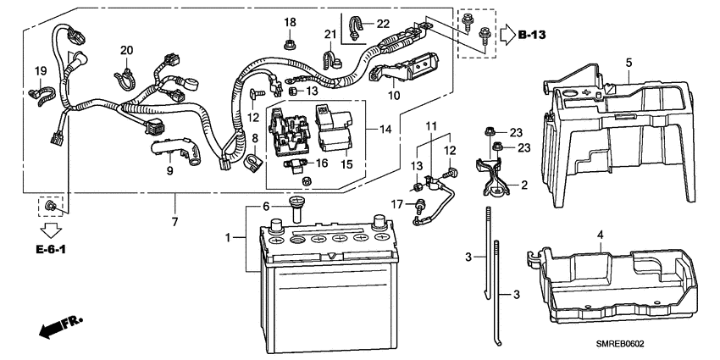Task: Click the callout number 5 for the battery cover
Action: coord(629,63)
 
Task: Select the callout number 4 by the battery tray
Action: coord(600,234)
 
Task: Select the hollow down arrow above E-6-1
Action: coord(53,229)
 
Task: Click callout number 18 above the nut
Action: coord(290,22)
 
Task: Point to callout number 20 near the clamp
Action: coord(126,50)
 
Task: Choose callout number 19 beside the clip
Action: coord(40,69)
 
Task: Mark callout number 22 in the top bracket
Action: coord(383,23)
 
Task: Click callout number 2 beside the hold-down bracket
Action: coord(524,184)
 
